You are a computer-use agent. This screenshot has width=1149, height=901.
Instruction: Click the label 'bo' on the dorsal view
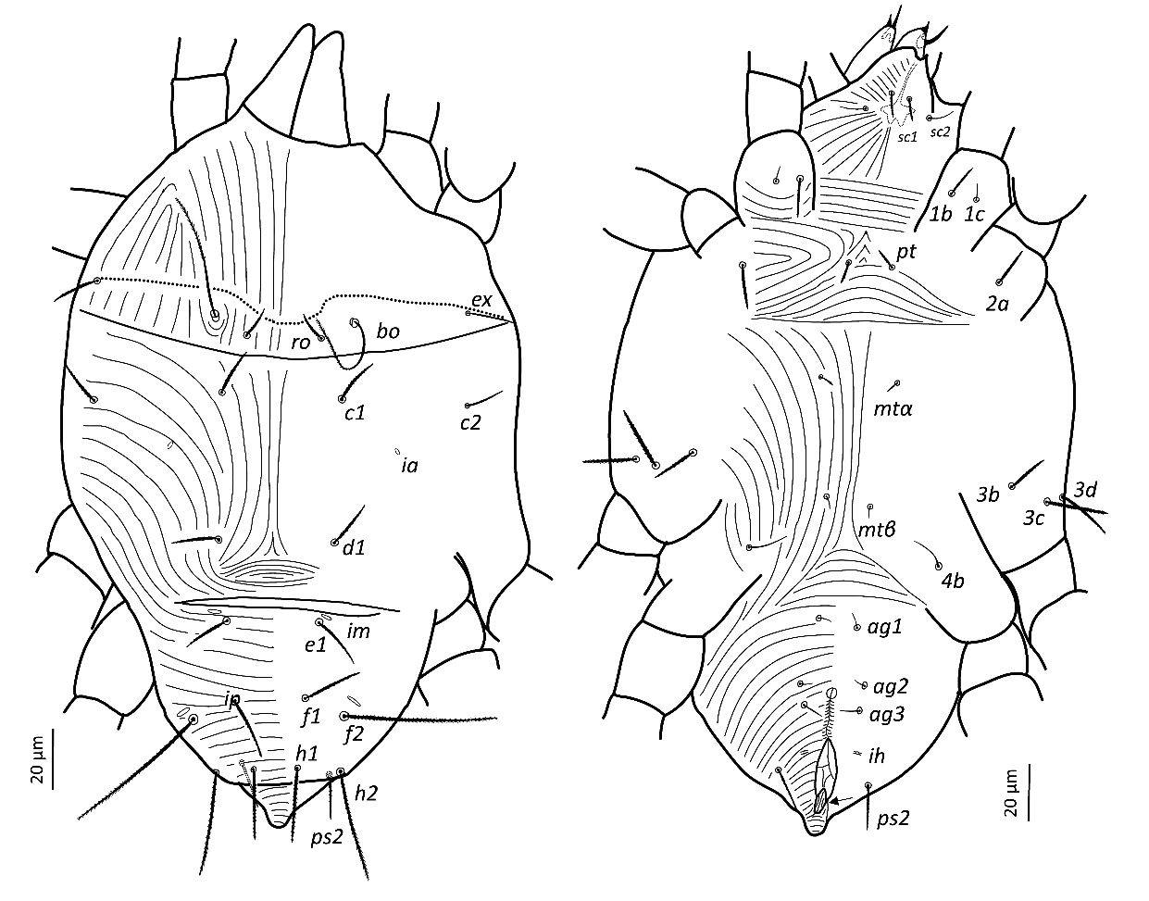tap(388, 332)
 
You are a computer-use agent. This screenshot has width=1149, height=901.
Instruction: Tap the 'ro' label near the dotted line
tap(300, 344)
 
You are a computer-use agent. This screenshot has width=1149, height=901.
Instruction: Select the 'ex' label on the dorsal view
tap(481, 300)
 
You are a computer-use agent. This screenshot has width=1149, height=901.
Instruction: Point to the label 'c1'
tap(355, 412)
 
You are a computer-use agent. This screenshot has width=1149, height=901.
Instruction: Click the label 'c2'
tap(470, 422)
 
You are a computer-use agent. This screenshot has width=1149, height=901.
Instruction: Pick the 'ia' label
tap(410, 465)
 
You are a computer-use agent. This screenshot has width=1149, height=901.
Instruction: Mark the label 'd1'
tap(354, 548)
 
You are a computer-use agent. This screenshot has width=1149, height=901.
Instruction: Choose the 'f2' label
tap(354, 734)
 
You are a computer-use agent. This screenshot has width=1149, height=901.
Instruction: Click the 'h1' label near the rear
tap(306, 753)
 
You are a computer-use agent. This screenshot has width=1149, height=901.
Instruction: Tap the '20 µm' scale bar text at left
tap(39, 757)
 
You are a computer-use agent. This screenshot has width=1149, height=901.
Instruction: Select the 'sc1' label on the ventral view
tap(907, 137)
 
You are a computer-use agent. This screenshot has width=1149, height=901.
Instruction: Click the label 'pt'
tap(905, 252)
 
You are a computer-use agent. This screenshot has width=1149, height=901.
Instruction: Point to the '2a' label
tap(997, 304)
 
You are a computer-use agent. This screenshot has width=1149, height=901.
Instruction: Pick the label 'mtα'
tap(893, 408)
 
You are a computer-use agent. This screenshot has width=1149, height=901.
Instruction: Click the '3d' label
tap(1085, 490)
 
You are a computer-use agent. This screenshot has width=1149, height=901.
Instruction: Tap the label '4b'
tap(953, 581)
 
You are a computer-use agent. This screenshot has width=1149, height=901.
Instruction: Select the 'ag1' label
tap(884, 627)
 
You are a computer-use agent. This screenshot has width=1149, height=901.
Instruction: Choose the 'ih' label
tap(877, 757)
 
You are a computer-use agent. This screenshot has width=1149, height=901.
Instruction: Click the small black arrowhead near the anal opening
tap(834, 802)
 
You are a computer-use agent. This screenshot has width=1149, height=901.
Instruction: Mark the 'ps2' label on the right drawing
tap(893, 819)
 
